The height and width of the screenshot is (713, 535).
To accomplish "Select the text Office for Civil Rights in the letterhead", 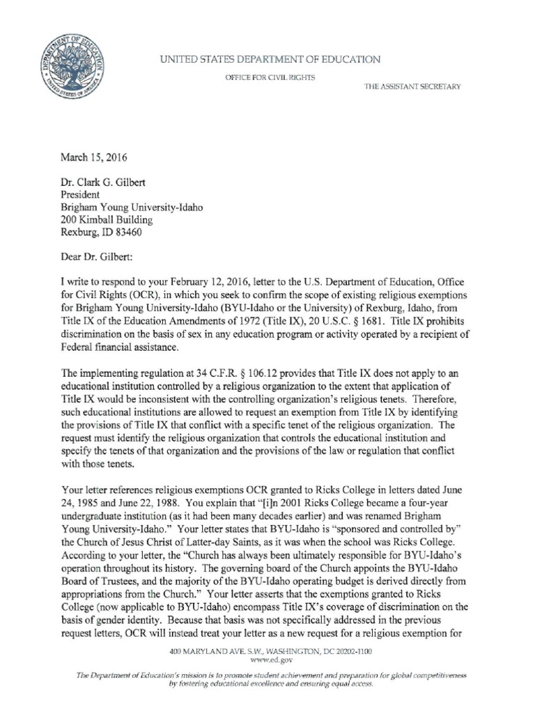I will click(268, 77).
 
